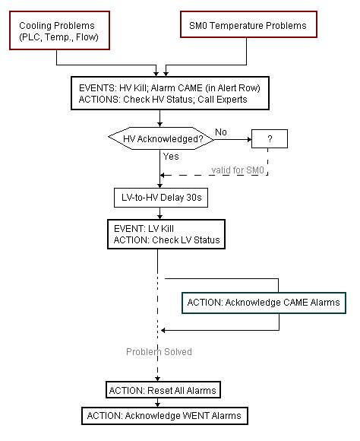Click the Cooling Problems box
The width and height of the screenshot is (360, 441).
click(x=59, y=30)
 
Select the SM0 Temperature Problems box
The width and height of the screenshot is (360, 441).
click(x=248, y=24)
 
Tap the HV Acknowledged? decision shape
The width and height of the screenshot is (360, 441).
click(x=161, y=138)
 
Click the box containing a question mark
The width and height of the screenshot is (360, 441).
click(x=269, y=138)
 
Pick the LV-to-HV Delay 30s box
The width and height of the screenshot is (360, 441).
click(x=161, y=198)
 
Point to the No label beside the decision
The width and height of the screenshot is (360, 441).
click(x=221, y=132)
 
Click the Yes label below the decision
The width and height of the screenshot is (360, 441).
click(x=171, y=156)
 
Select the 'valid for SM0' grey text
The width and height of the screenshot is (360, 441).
click(x=238, y=170)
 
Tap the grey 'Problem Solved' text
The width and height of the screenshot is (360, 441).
click(x=159, y=351)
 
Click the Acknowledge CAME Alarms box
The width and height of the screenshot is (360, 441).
click(x=264, y=303)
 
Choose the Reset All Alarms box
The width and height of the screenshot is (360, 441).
click(x=163, y=390)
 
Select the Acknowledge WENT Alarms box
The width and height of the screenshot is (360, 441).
click(x=165, y=416)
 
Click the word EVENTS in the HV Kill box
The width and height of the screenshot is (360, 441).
click(x=97, y=88)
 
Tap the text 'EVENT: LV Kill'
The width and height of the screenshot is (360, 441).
click(x=144, y=229)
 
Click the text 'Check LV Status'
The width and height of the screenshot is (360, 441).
click(x=186, y=240)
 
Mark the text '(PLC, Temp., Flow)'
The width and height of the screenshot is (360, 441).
click(x=58, y=37)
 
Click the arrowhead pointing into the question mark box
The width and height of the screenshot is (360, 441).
click(x=249, y=139)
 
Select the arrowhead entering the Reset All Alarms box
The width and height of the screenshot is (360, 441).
click(x=158, y=379)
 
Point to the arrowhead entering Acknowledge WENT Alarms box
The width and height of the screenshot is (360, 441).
click(x=158, y=405)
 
